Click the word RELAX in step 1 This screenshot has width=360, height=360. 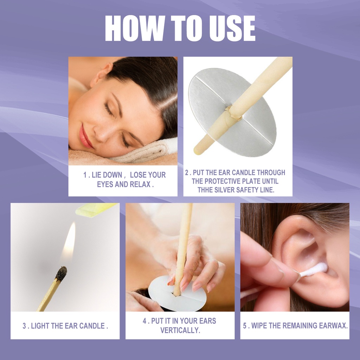click(140, 184)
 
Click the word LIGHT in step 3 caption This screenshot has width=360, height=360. click(40, 326)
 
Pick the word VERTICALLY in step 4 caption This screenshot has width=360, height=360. click(180, 330)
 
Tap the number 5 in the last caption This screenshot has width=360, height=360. click(245, 326)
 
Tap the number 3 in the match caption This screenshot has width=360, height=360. click(24, 326)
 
